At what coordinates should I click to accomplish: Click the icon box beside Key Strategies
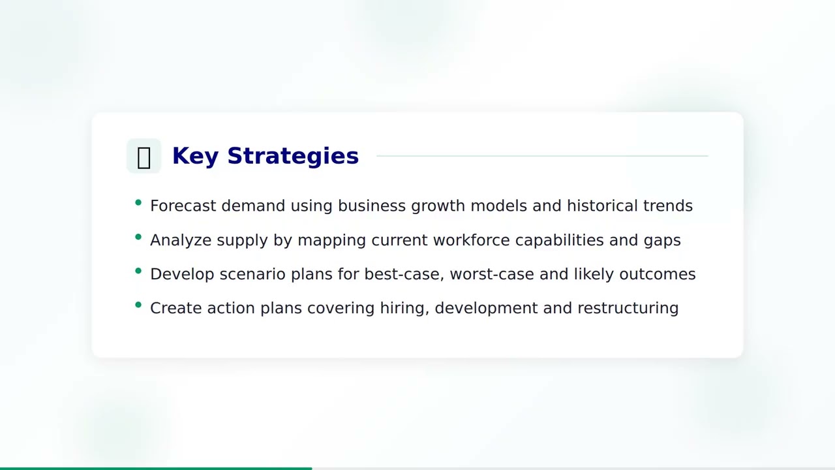[x=144, y=156]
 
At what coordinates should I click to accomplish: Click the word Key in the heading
[x=194, y=156]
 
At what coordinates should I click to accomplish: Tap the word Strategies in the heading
[x=293, y=156]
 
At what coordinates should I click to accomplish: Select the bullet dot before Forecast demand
[x=138, y=203]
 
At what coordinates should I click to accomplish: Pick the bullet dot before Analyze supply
[x=138, y=237]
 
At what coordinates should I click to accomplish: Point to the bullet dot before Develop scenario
[x=138, y=271]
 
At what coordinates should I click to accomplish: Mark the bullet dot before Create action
[x=138, y=305]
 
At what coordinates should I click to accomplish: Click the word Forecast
[x=183, y=206]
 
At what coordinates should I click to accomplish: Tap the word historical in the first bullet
[x=602, y=206]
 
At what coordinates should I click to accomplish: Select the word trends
[x=667, y=206]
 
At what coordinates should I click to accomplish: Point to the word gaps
[x=662, y=240]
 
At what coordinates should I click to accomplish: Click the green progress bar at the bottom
[x=156, y=468]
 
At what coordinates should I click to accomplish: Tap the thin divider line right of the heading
[x=541, y=156]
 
